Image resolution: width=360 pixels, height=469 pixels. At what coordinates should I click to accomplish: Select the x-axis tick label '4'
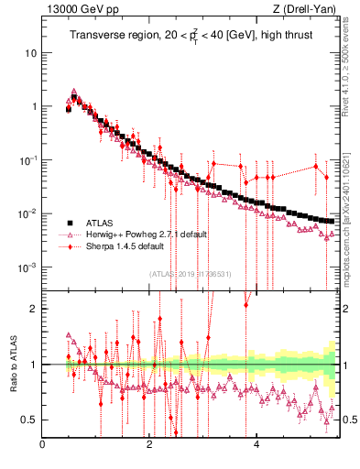point(256,446)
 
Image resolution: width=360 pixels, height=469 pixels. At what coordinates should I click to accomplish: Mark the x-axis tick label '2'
point(149,446)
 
